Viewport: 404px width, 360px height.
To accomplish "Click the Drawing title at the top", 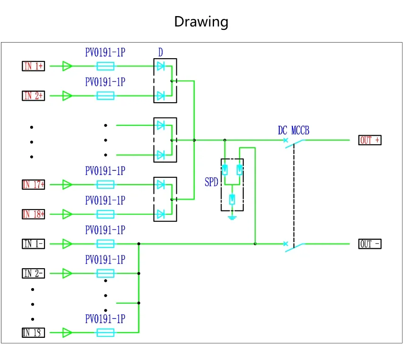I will point(201,22).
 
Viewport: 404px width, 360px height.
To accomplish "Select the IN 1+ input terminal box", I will point(34,66).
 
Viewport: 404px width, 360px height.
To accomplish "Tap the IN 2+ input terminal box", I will point(34,96).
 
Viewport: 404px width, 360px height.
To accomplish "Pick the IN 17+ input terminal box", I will point(34,184).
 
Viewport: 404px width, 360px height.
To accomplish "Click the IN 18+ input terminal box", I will point(34,214).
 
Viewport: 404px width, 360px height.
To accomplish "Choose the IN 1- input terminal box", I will point(34,244).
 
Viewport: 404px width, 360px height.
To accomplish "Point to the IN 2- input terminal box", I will point(34,273).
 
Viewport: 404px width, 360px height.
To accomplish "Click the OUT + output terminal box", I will point(370,140).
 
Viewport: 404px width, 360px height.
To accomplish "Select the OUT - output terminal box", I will point(370,244).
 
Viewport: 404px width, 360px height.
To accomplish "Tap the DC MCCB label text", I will point(293,131).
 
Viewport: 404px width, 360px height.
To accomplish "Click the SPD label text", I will point(211,182).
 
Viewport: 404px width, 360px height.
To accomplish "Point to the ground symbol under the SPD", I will point(232,218).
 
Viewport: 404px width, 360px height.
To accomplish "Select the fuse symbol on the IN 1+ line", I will point(105,66).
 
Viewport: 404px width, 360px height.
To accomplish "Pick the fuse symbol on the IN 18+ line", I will point(105,214).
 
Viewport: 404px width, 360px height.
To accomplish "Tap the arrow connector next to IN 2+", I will point(68,96).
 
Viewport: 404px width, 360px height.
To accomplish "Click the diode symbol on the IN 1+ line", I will point(161,66).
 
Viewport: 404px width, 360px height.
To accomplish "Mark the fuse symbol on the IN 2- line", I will point(105,273).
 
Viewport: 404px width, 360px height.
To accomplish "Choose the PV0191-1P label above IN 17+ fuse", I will point(105,171).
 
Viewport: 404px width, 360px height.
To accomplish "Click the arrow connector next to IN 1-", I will point(68,244).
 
